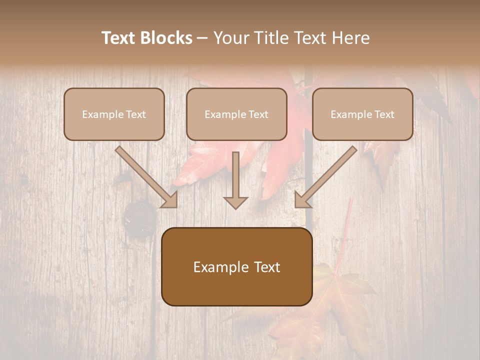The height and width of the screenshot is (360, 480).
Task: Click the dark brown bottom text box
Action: tap(236, 287)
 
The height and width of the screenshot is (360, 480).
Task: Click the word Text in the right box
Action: tap(384, 114)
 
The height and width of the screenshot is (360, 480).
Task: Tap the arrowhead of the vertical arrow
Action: tap(235, 202)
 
